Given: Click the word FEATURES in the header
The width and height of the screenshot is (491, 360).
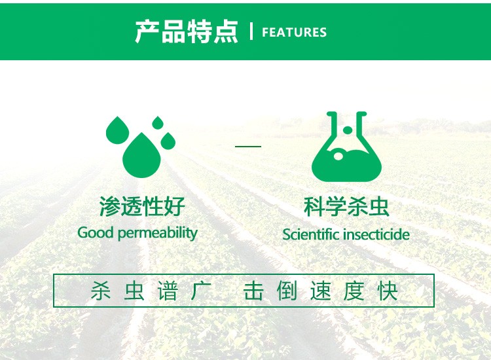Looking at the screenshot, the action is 294,32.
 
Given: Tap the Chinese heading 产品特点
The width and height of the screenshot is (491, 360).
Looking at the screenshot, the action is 187,31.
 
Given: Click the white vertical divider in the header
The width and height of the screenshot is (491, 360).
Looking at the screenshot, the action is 251,31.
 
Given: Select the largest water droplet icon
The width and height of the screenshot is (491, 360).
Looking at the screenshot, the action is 141,155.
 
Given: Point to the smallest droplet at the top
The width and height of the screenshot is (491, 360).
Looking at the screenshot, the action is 158,122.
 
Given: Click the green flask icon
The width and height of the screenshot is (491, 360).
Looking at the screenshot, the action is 346,147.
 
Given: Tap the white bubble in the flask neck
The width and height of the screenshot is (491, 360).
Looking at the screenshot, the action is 347,130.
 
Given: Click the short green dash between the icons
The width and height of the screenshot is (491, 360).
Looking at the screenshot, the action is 248,146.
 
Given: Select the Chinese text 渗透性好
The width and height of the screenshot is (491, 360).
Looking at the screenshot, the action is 142,206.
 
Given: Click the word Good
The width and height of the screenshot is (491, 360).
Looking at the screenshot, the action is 95,232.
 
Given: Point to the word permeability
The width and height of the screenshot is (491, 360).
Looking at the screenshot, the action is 158,234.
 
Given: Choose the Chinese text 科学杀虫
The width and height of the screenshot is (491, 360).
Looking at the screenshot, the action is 346,206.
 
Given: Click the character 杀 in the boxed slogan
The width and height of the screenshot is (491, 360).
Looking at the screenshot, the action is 101,291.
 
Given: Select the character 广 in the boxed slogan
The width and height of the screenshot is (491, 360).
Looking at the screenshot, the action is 201,291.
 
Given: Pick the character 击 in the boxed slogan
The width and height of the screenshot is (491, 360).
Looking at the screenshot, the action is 253,291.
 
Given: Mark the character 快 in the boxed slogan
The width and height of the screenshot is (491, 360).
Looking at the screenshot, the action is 388,291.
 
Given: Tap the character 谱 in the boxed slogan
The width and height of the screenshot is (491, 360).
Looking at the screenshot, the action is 168,291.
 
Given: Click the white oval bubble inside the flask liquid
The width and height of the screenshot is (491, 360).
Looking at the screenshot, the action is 338,156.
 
